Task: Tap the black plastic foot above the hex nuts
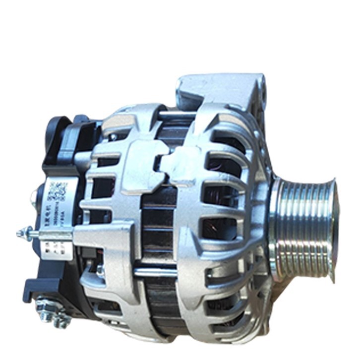click(x=35, y=288)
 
